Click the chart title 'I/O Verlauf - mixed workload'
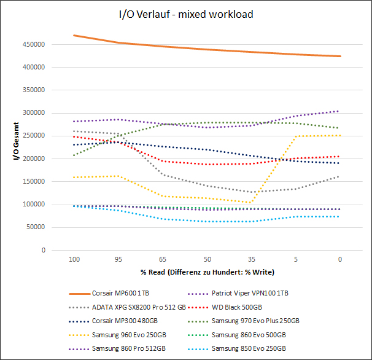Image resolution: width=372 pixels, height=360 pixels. pos(185,14)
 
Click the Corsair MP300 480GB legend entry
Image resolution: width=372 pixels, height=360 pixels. pos(123,321)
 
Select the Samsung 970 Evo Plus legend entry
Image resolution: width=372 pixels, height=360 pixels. pos(255,321)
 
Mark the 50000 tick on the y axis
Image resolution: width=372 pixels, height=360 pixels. pos(36,228)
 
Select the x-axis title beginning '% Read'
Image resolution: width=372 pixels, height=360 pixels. pos(207,272)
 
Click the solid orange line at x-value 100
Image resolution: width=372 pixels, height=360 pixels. pos(74,35)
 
